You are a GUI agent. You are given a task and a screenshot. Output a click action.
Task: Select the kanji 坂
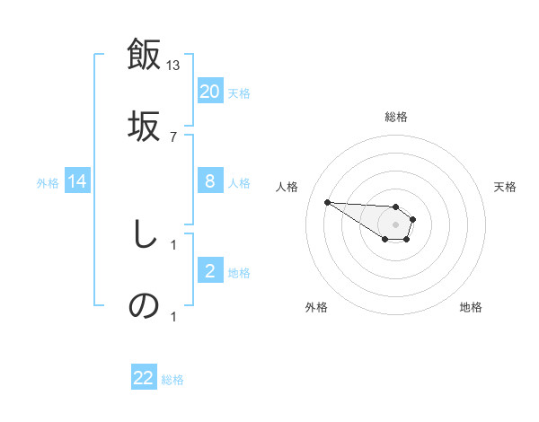pos(145,126)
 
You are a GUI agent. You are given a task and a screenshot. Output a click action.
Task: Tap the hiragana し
pos(143,234)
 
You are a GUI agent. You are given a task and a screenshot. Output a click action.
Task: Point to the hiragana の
pos(145,306)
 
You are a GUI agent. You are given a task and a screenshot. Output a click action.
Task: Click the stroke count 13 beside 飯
pos(173,65)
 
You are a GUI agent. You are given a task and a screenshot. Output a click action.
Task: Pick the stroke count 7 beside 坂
pos(172,136)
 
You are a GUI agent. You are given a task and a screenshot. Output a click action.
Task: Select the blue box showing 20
pos(210,92)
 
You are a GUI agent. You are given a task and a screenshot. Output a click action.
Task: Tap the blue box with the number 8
pos(210,181)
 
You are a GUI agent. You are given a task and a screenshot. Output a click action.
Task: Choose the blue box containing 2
pos(210,271)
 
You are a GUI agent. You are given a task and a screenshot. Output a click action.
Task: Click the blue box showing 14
pos(77,182)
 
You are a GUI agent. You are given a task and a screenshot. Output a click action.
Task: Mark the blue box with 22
pos(144,378)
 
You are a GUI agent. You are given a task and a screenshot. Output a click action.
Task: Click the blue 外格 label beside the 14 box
pos(48,183)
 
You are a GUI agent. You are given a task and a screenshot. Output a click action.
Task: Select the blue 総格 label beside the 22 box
pos(172,380)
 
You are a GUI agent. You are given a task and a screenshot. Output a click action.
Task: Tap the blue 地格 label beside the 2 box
pos(239,273)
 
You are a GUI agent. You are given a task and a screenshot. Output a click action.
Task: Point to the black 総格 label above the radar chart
pos(396,117)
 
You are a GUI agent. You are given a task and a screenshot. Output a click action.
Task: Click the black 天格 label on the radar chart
pos(506,187)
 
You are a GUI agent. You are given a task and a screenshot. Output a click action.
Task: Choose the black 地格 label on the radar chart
pos(471,307)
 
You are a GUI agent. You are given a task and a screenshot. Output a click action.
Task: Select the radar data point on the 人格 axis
pos(327,202)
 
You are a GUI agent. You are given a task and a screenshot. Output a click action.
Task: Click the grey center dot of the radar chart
pos(396,224)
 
